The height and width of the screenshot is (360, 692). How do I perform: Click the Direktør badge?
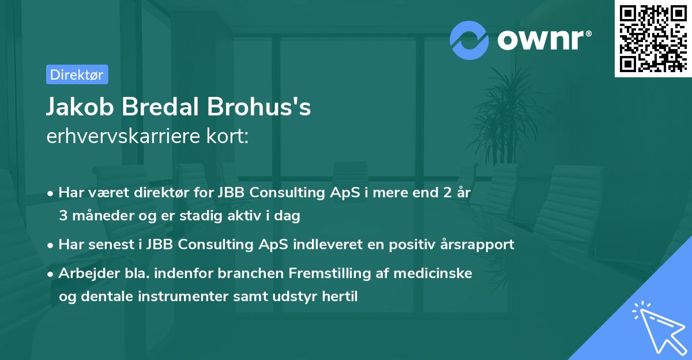coord(77,75)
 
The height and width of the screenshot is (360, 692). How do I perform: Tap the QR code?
coord(653,38)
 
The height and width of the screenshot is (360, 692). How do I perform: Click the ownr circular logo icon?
coord(470,40)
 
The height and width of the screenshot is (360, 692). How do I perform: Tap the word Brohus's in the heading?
coord(268,108)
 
